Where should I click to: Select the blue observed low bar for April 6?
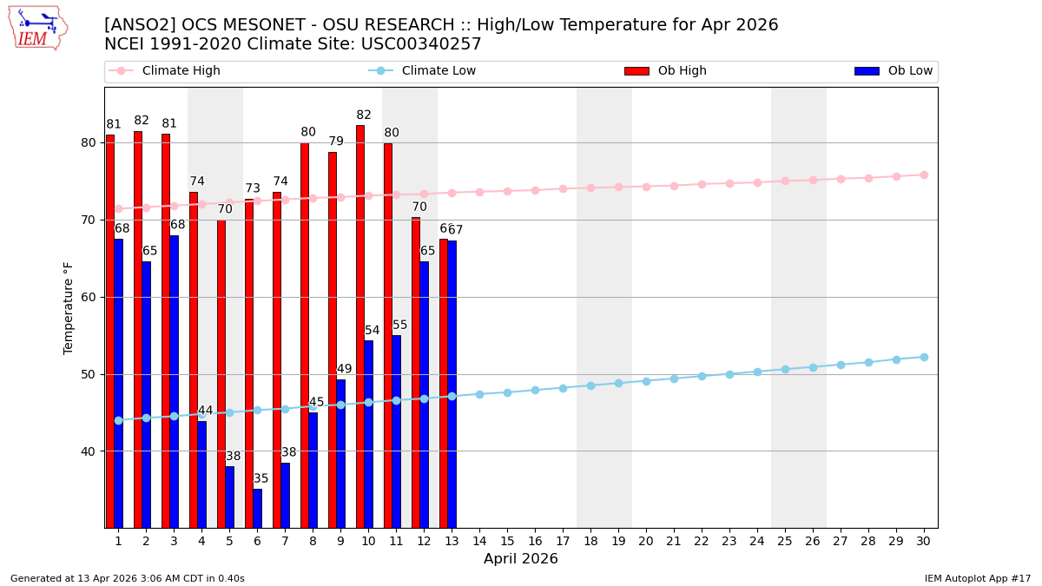click(257, 508)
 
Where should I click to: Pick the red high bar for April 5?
click(221, 373)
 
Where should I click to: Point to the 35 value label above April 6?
click(261, 479)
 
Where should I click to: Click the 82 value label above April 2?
click(142, 121)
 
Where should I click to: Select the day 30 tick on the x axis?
click(923, 541)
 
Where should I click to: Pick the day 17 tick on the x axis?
click(562, 541)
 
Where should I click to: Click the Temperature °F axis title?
click(69, 307)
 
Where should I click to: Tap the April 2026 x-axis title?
click(521, 559)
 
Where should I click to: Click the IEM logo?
click(37, 28)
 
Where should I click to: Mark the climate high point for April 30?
click(924, 174)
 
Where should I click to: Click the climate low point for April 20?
click(646, 381)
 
